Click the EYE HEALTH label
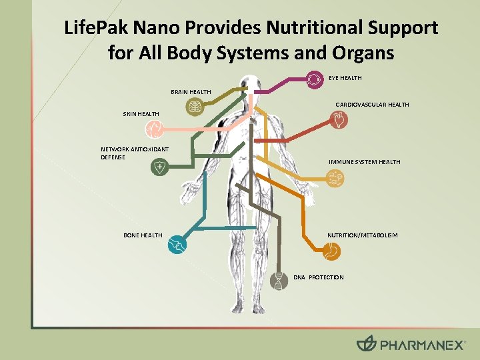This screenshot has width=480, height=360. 345,79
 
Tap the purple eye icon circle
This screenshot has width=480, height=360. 314,79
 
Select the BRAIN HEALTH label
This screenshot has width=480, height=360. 191,92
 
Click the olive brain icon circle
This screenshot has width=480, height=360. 195,107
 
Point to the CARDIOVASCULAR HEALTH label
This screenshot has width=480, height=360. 372,105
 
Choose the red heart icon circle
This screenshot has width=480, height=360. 339,120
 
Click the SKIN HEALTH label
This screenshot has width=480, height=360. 141,115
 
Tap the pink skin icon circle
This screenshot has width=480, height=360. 154,129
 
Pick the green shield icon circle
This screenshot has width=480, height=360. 159,169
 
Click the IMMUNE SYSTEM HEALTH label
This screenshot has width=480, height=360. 365,162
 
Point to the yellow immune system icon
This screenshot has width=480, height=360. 335,177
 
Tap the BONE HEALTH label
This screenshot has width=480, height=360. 143,235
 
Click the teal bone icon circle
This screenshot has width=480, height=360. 176,245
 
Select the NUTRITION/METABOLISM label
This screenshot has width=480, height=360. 362,235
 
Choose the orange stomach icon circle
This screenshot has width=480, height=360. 331,251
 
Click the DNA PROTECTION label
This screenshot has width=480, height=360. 319,277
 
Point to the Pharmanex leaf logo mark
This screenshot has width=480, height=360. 367,344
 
